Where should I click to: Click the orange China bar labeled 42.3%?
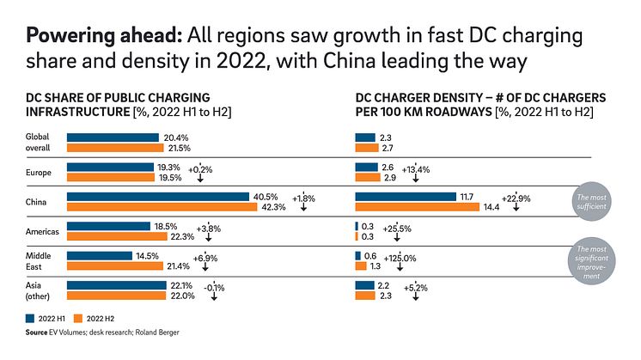point(162,207)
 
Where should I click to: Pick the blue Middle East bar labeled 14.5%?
point(99,255)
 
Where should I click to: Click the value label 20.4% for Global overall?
point(175,137)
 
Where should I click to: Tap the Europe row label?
point(39,173)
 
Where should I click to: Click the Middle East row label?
point(39,260)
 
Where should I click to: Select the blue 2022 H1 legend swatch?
point(31,317)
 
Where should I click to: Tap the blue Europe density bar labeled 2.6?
point(366,167)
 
